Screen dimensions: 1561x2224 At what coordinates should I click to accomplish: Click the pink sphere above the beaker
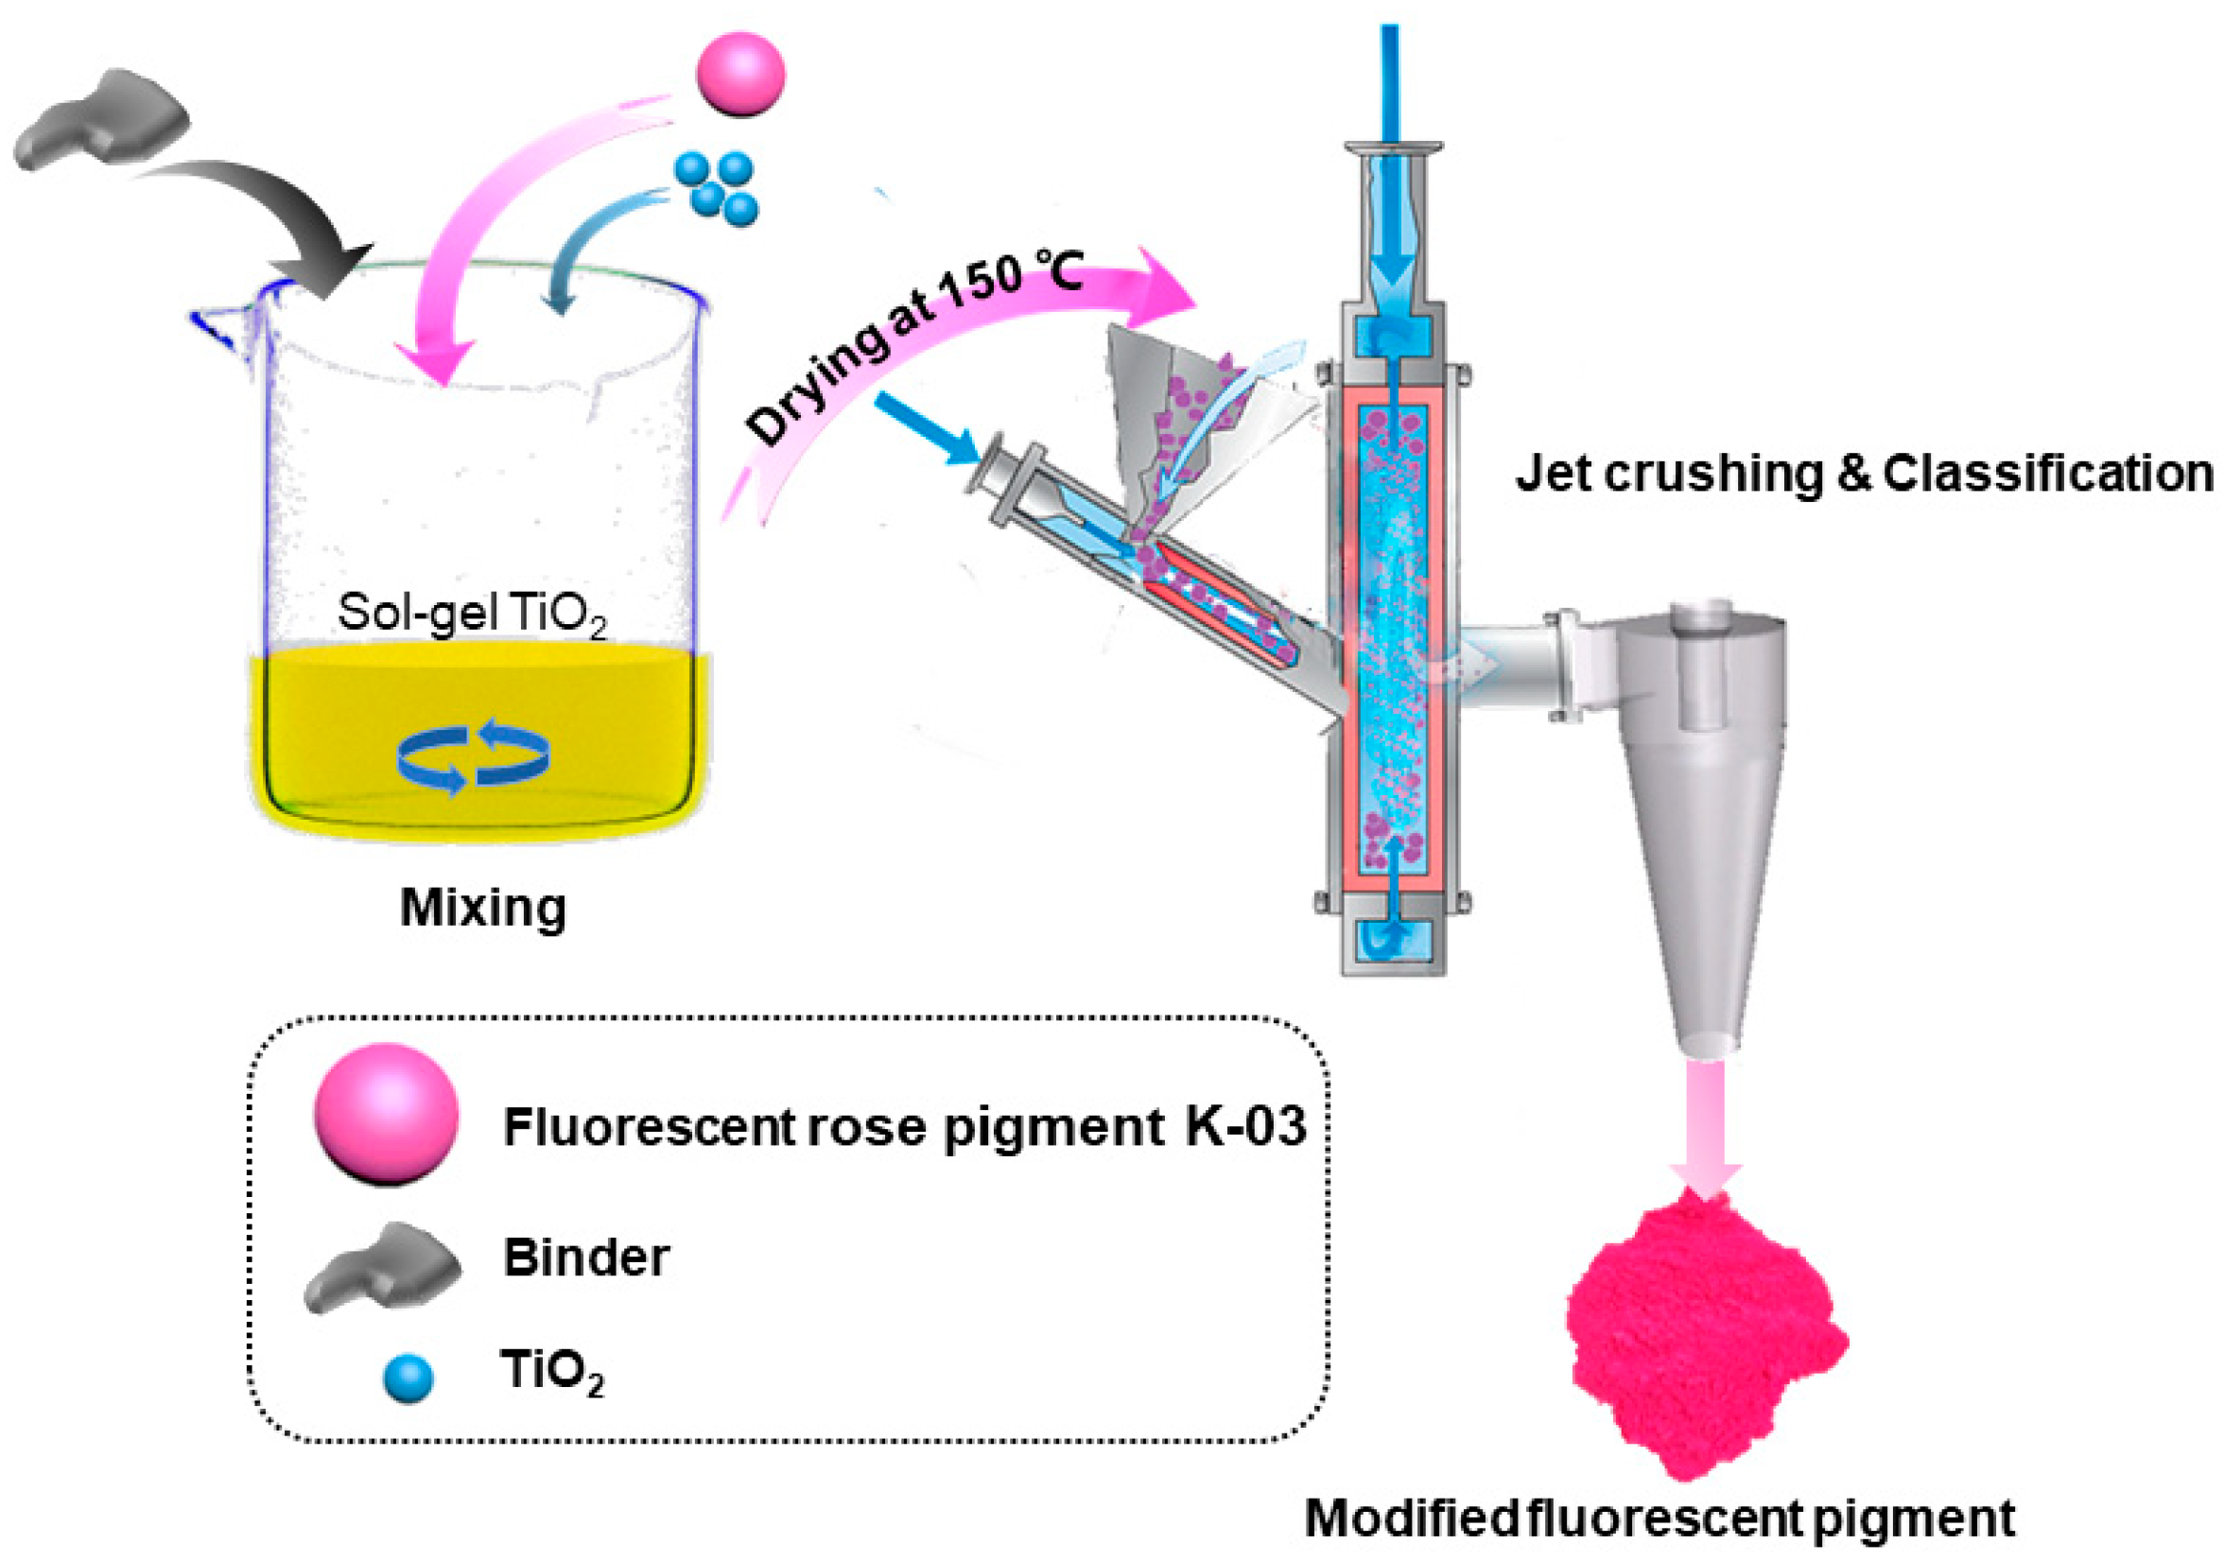pyautogui.click(x=741, y=75)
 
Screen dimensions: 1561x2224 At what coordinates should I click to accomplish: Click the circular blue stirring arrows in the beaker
pyautogui.click(x=474, y=755)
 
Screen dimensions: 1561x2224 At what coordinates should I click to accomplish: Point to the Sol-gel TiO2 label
pyautogui.click(x=472, y=614)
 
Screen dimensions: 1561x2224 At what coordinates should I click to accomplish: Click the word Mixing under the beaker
pyautogui.click(x=482, y=909)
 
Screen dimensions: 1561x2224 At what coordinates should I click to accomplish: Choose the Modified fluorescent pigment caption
pyautogui.click(x=1659, y=1518)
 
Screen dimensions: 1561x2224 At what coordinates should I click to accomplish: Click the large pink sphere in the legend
pyautogui.click(x=386, y=1114)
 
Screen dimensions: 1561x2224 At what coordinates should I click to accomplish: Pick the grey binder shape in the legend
pyautogui.click(x=383, y=1267)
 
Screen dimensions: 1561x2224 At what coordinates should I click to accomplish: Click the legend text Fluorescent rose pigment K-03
pyautogui.click(x=904, y=1127)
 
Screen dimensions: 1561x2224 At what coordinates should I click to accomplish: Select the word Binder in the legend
pyautogui.click(x=586, y=1257)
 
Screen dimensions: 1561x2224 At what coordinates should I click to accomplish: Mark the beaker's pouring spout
pyautogui.click(x=217, y=324)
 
